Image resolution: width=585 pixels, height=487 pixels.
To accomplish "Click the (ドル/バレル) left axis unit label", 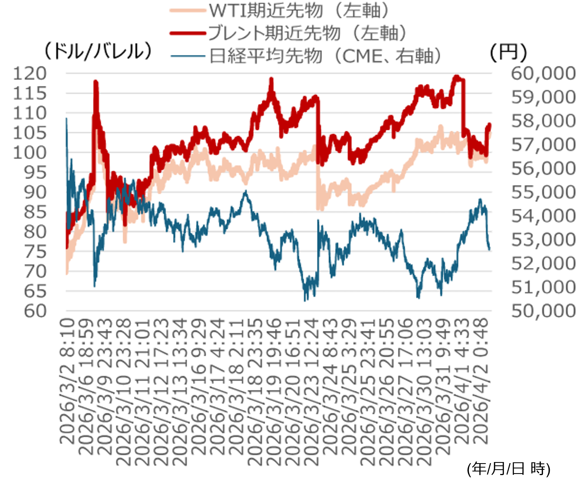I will [98, 51].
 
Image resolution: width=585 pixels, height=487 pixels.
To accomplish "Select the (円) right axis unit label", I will [508, 52].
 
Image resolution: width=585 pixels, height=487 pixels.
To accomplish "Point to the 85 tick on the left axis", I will [35, 212].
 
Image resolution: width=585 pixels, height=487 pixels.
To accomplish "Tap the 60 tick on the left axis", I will [35, 311].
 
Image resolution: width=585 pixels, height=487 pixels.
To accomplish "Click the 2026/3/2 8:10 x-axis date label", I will [67, 382].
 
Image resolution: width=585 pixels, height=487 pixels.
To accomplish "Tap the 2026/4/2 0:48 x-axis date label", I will [481, 382].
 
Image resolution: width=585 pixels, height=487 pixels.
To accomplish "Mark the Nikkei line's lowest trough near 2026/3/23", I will [305, 300].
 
